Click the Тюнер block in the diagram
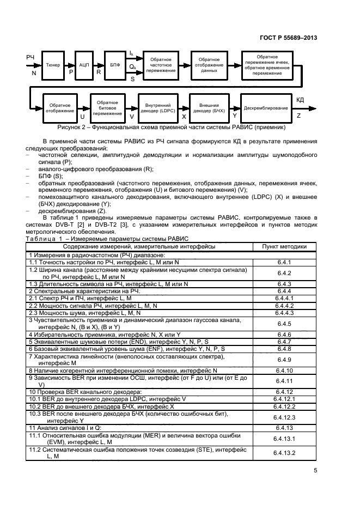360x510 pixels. pyautogui.click(x=53, y=65)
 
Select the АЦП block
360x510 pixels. pyautogui.click(x=84, y=65)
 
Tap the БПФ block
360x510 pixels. pyautogui.click(x=115, y=65)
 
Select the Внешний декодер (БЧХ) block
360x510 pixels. pyautogui.click(x=212, y=108)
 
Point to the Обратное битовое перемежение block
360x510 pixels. pyautogui.click(x=107, y=108)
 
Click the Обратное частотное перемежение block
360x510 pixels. pyautogui.click(x=161, y=65)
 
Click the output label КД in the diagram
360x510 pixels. pyautogui.click(x=300, y=100)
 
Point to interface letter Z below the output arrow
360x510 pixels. pyautogui.click(x=298, y=116)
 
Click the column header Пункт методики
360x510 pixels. pyautogui.click(x=284, y=247)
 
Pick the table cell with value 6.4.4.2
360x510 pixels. pyautogui.click(x=284, y=306)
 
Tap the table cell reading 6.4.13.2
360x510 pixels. pyautogui.click(x=284, y=453)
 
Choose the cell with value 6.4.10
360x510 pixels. pyautogui.click(x=284, y=370)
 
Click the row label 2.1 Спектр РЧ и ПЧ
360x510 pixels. pyautogui.click(x=81, y=299)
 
